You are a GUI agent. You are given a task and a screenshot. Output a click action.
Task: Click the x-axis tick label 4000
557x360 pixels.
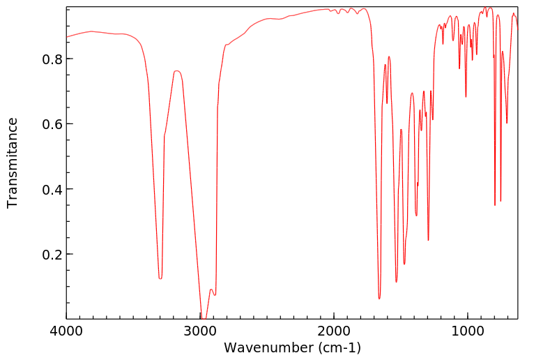[x=67, y=333]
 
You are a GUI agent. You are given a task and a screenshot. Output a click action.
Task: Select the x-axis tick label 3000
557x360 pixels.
[x=200, y=333]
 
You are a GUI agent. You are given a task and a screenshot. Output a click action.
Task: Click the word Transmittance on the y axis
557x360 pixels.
[x=13, y=163]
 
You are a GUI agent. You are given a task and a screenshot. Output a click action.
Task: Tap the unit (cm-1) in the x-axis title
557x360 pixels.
[x=338, y=347]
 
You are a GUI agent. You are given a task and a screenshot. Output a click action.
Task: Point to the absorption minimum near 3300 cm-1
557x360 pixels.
[x=160, y=278]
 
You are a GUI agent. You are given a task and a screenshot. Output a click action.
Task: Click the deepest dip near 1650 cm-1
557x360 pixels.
[x=379, y=299]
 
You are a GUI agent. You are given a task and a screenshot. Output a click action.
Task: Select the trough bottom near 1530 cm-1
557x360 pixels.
[x=397, y=282]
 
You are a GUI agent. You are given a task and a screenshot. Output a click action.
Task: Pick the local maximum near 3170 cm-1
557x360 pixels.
[x=177, y=70]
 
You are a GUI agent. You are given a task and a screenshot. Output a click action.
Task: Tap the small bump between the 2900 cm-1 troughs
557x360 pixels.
[x=211, y=289]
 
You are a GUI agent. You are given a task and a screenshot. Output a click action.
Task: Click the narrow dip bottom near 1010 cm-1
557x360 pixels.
[x=466, y=97]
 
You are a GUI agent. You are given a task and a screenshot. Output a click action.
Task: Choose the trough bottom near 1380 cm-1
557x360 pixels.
[x=416, y=216]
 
